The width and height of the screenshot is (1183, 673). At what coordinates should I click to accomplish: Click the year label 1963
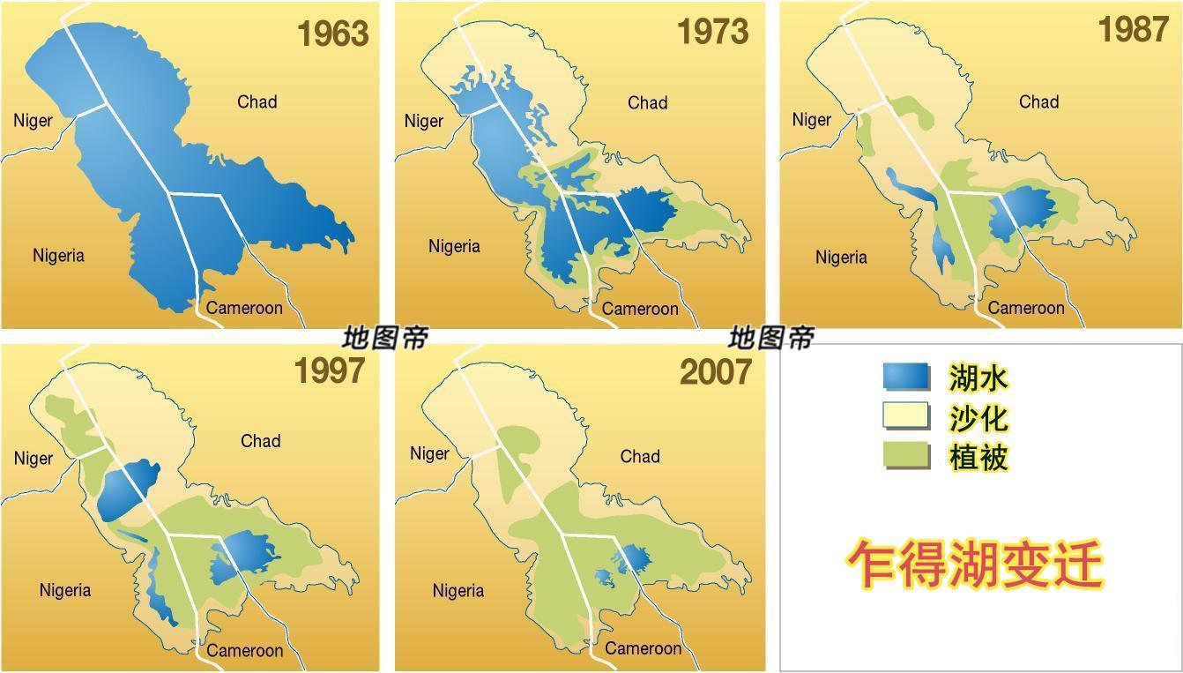point(332,34)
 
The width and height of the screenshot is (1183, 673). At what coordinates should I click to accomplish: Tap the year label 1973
point(712,33)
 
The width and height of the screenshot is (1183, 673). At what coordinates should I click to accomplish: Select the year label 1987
point(1133,30)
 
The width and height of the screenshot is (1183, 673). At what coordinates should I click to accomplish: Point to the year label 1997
point(329,371)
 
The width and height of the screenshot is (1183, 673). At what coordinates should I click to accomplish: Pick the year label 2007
point(716,373)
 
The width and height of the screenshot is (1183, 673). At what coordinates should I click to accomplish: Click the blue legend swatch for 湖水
point(905,377)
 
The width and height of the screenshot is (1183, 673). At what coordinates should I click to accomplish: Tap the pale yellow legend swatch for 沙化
point(905,416)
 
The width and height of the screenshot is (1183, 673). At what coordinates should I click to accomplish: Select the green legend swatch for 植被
point(905,456)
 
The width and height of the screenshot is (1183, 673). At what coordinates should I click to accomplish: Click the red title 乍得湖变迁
point(976,565)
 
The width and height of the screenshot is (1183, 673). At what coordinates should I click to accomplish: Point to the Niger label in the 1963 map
point(33,121)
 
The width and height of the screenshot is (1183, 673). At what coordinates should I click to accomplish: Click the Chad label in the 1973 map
point(647,103)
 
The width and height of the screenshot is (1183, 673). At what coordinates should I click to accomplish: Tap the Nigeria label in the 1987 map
point(841,258)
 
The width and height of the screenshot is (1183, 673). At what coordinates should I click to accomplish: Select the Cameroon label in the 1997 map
point(245,651)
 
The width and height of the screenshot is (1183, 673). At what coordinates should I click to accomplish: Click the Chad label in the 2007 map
point(640,457)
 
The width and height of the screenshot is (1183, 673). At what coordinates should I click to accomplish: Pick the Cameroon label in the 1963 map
point(244,308)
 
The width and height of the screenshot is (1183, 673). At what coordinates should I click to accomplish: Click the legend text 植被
point(978,457)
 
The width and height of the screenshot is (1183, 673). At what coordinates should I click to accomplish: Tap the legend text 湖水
point(978,378)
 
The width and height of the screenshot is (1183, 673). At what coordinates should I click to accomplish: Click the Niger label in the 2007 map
point(429,454)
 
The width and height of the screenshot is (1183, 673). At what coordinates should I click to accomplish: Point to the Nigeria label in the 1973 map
point(454,246)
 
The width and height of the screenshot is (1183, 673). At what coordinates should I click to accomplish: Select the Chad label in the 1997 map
point(260,441)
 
